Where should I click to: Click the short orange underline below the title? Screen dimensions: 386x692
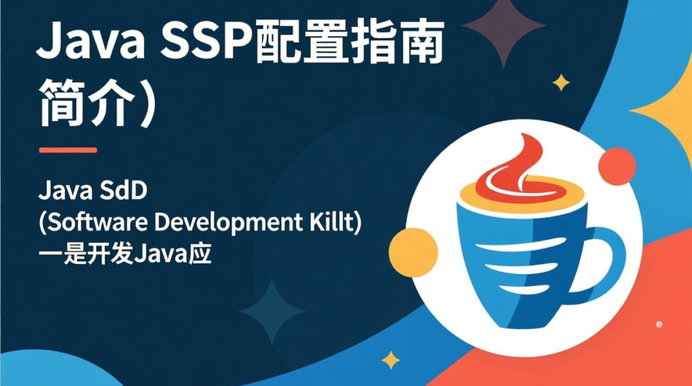tap(68, 150)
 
